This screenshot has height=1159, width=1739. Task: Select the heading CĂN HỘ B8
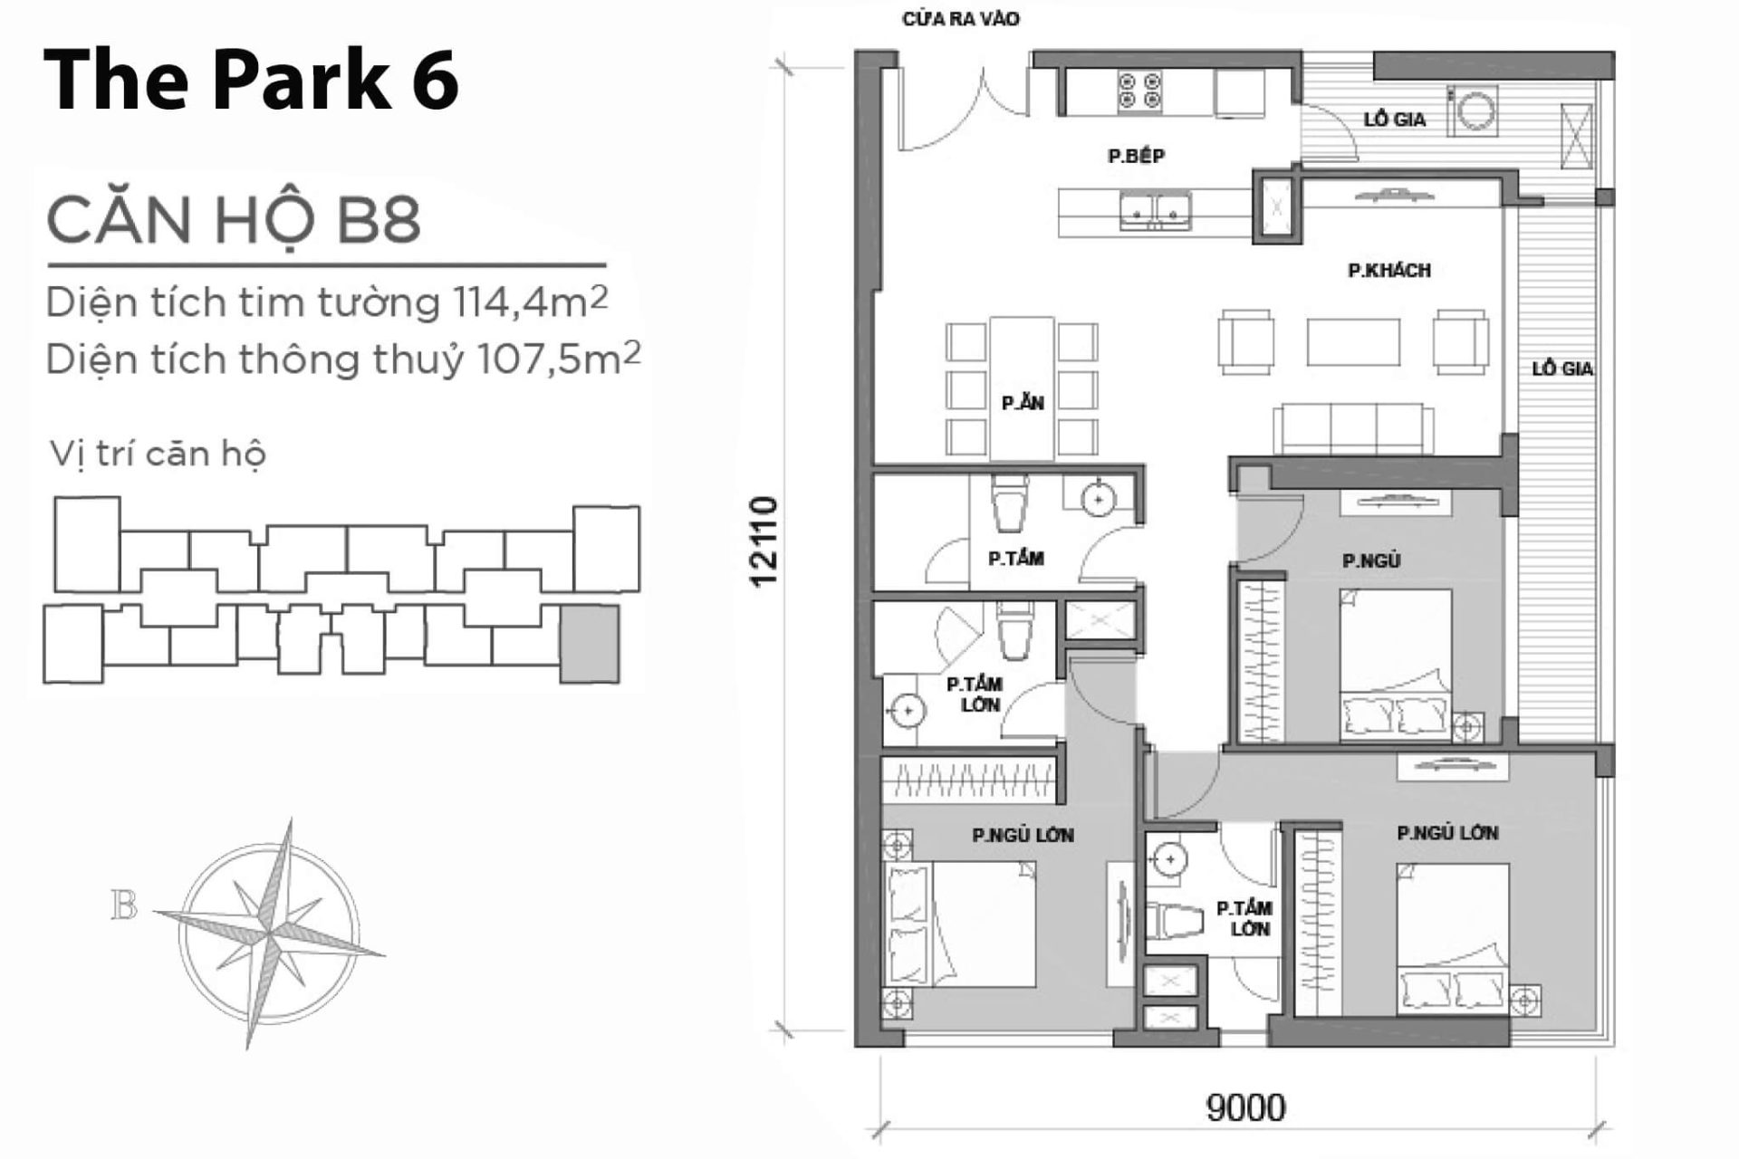[234, 220]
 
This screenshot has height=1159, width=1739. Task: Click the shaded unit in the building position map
[590, 644]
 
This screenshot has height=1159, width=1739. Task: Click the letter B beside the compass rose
[124, 905]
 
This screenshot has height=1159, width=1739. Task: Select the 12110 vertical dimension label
[764, 541]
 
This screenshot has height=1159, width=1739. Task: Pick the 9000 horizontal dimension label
[1245, 1107]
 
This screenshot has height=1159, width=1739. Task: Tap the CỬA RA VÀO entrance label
[960, 19]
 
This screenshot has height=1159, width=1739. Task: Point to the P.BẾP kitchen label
[1136, 156]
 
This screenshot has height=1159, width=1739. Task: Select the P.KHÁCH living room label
[1388, 270]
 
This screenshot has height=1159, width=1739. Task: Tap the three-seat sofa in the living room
[1353, 428]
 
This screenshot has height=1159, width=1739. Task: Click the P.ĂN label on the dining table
[1023, 403]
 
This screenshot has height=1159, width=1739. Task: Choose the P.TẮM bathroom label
[1015, 559]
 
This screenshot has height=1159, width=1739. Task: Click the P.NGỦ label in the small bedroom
[1371, 560]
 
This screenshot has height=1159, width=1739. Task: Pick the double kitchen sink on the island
[1155, 212]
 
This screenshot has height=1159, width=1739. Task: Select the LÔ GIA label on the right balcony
[1562, 369]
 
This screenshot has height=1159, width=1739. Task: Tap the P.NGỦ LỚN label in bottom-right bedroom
[1446, 832]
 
